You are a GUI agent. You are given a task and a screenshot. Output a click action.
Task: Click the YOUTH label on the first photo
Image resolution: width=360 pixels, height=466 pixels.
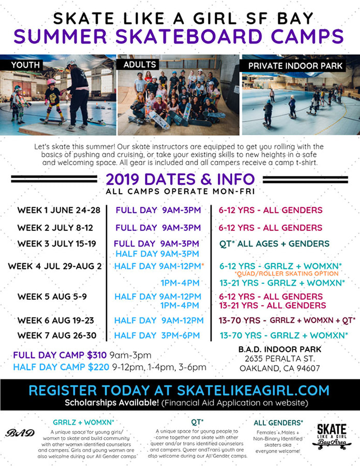point(25,65)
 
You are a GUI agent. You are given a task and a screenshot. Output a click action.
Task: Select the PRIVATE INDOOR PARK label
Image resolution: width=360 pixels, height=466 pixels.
point(295,66)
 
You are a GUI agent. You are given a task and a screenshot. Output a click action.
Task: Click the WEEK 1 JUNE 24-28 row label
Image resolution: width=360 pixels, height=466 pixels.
point(59,210)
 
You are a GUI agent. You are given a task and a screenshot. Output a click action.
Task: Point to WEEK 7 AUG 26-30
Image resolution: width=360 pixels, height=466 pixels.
point(57,336)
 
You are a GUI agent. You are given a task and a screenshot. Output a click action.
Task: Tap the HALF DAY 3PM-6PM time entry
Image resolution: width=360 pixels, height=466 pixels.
point(157,336)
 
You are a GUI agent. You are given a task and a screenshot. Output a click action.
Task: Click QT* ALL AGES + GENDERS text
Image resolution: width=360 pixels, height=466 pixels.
point(274,244)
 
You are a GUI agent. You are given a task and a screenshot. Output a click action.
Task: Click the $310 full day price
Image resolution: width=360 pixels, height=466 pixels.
point(97,355)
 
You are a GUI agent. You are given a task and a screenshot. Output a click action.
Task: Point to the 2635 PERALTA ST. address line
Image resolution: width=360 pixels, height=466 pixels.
point(280,359)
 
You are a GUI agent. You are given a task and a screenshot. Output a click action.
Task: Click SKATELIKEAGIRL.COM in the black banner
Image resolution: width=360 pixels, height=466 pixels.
point(253,390)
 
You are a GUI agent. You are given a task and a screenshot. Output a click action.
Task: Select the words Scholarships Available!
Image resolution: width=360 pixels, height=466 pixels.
point(112,403)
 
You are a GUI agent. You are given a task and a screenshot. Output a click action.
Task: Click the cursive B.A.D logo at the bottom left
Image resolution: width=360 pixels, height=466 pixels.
point(20,433)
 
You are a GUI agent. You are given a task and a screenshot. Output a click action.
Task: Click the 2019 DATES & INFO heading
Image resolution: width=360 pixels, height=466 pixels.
point(180,179)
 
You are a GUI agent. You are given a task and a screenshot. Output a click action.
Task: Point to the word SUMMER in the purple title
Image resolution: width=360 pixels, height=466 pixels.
point(60,36)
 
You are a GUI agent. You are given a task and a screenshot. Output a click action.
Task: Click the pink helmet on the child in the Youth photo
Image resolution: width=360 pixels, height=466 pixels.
point(51,82)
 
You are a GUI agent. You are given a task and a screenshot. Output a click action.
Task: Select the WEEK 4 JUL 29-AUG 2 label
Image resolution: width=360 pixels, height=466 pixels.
point(55,266)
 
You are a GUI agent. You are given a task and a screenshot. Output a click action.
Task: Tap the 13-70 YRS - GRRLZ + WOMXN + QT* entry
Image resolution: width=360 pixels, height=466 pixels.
point(287,321)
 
